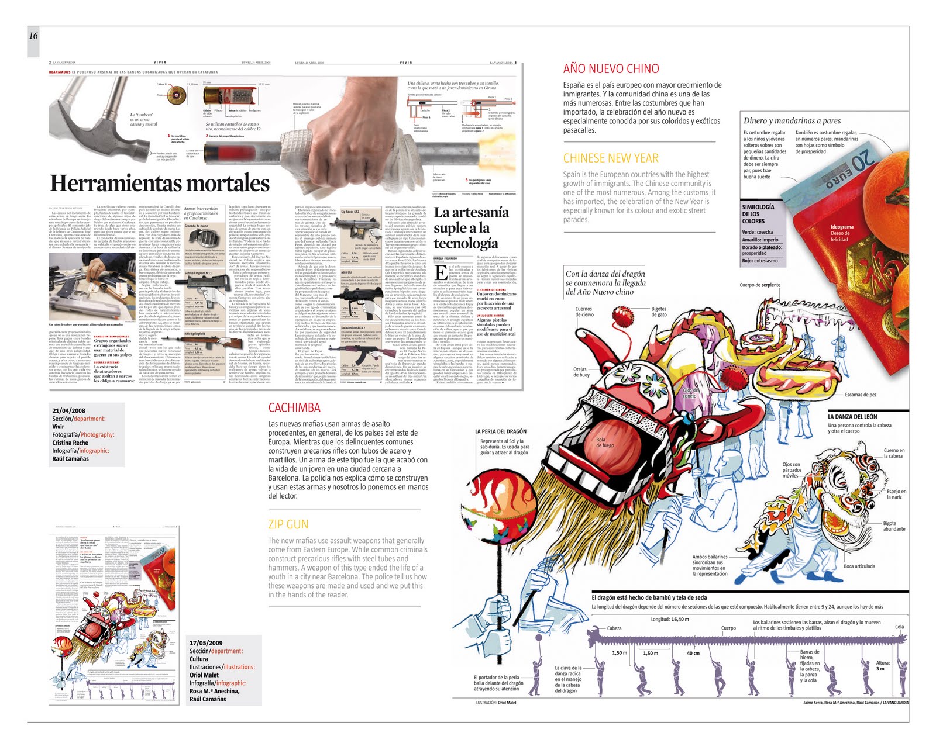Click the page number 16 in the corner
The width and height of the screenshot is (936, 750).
tap(33, 36)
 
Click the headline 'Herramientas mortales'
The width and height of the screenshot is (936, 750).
tap(160, 184)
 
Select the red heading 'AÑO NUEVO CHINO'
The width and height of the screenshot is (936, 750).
tap(611, 69)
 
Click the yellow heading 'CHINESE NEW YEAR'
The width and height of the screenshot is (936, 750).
tap(611, 158)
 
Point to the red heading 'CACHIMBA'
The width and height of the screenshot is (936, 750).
tap(294, 408)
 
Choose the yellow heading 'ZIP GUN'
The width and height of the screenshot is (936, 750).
tap(288, 524)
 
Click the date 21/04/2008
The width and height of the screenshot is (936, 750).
tap(69, 411)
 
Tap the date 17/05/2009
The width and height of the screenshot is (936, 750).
tap(206, 643)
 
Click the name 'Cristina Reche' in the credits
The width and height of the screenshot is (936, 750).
tap(70, 443)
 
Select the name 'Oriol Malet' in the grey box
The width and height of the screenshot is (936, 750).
tap(204, 675)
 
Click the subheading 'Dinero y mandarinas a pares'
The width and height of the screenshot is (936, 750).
tap(792, 121)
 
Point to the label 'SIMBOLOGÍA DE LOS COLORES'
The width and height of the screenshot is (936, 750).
tap(758, 214)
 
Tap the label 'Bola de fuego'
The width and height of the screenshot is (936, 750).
tap(605, 443)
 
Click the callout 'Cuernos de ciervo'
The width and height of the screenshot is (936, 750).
tap(584, 312)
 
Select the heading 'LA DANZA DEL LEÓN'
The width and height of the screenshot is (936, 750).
tap(852, 417)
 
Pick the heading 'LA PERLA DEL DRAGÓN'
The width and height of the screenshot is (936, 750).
tap(501, 431)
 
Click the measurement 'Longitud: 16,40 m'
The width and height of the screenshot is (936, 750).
tap(670, 620)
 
